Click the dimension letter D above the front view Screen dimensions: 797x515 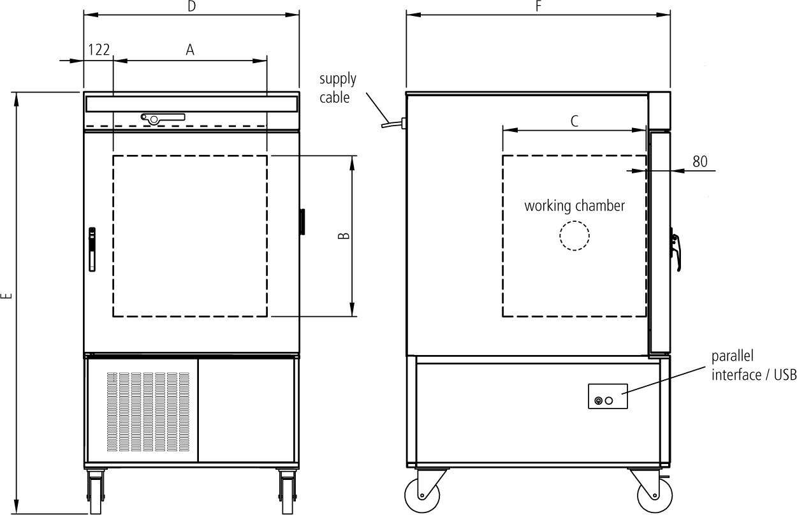191,6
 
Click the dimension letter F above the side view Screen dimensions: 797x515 538,6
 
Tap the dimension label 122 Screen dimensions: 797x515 99,50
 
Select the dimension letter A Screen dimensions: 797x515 190,50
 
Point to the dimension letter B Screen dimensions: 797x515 344,235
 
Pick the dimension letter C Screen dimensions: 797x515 574,121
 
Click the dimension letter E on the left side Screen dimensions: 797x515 7,296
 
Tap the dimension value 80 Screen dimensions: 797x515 700,161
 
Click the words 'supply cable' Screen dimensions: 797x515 337,88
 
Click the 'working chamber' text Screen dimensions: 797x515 574,206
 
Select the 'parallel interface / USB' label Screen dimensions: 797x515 754,365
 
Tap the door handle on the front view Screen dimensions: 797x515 92,249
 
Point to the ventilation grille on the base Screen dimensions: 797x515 148,412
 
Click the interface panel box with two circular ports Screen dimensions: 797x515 608,396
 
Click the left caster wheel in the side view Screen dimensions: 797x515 423,494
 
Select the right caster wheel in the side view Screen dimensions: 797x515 655,495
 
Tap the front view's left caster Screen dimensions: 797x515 96,491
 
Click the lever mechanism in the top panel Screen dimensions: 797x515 163,118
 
